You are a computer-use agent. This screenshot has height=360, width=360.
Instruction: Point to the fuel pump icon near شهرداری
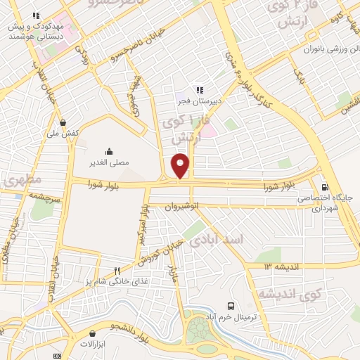pos(323,187)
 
